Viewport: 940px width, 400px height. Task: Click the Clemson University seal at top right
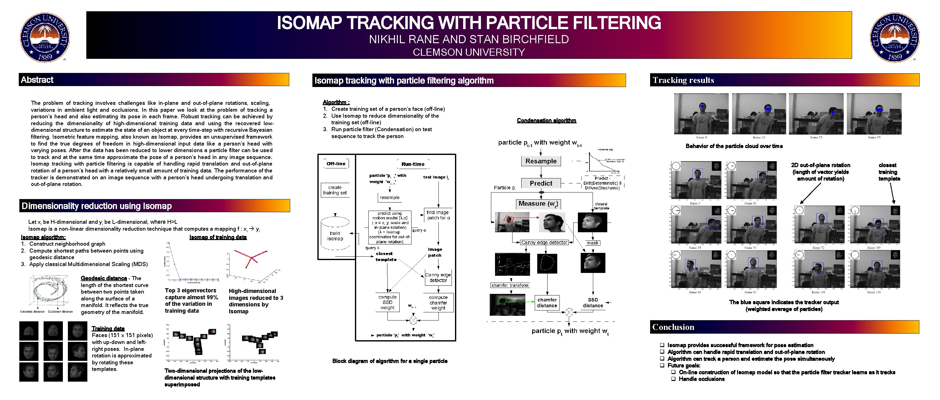pos(894,37)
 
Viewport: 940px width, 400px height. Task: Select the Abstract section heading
pos(37,79)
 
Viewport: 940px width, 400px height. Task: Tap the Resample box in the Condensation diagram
pos(541,161)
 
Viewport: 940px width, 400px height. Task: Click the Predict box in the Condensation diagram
pos(541,183)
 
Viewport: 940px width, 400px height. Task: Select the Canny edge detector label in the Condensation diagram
pos(544,243)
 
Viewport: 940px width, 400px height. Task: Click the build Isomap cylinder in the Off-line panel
pos(335,234)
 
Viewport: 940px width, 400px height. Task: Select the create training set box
pos(335,190)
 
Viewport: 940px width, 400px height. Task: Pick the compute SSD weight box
pos(387,302)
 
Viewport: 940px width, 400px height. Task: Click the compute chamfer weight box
pos(438,302)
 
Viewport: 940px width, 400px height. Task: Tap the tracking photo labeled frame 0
pos(701,114)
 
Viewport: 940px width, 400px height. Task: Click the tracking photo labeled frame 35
pos(874,114)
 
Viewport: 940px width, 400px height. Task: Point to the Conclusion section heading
pos(673,327)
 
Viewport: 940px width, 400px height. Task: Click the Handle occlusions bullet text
pos(701,379)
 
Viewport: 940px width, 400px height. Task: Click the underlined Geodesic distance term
pos(104,278)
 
